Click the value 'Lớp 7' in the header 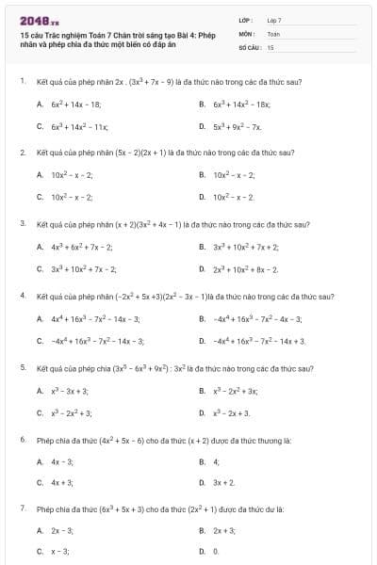point(274,20)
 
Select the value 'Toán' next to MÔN point(273,33)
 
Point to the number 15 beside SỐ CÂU point(270,46)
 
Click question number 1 point(22,82)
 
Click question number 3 point(22,224)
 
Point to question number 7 point(22,508)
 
